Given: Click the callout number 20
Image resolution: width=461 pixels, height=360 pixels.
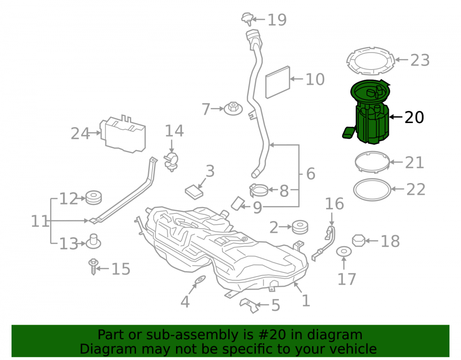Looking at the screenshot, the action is (414, 117).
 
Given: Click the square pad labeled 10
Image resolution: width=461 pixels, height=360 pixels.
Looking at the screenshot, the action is (278, 83).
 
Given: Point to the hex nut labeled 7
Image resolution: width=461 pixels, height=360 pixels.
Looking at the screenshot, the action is (233, 108).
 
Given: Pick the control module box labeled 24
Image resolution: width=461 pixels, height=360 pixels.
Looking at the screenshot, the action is (123, 134).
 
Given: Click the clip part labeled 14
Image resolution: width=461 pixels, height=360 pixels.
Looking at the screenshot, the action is (171, 161).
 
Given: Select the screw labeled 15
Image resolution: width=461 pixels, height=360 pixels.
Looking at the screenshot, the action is (94, 266).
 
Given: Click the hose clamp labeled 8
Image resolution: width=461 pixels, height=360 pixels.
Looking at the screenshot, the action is (259, 190).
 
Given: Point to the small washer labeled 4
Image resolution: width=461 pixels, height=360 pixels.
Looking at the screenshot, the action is (200, 279).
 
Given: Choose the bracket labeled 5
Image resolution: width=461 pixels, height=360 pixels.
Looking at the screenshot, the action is (249, 305).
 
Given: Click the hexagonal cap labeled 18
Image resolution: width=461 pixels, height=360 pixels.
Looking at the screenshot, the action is (359, 241).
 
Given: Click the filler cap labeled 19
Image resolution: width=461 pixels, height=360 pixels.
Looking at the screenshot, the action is (247, 19).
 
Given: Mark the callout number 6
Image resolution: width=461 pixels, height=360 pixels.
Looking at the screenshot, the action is (311, 174).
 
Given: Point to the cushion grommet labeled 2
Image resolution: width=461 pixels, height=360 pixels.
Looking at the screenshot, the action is (300, 227).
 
